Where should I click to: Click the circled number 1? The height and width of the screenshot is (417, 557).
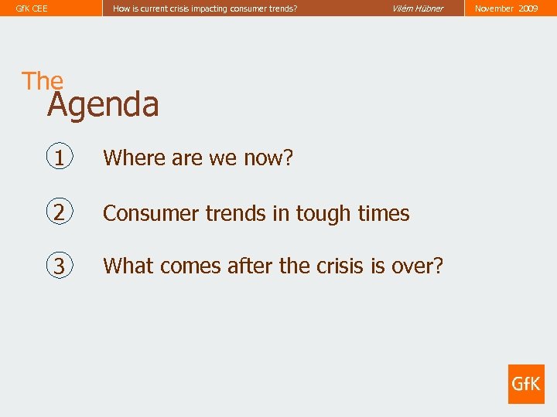60,158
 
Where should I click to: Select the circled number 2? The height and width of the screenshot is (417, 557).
60,212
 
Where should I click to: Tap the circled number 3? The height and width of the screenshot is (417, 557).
60,266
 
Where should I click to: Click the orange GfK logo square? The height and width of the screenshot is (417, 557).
526,384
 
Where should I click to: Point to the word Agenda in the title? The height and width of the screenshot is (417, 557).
103,104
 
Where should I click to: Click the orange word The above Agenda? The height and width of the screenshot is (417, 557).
43,81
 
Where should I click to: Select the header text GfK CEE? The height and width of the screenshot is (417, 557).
32,8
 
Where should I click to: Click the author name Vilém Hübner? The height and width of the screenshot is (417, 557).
418,8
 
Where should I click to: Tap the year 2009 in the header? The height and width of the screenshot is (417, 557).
528,8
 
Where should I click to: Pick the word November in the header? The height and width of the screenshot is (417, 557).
494,8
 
